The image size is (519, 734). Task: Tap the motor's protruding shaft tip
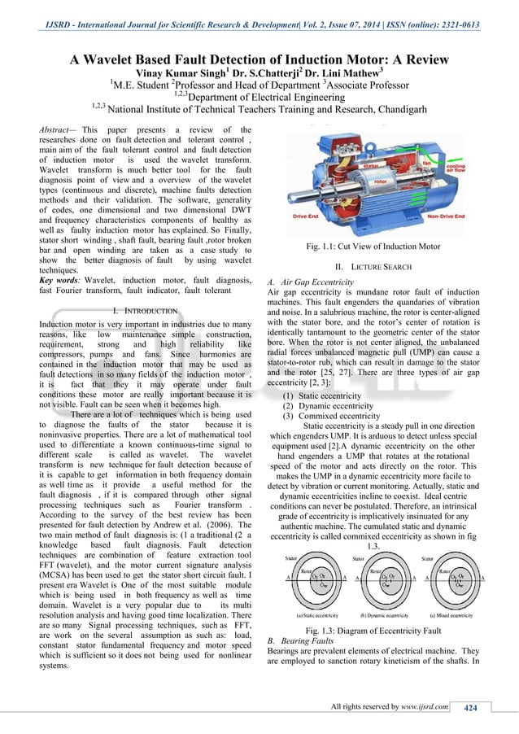(290, 213)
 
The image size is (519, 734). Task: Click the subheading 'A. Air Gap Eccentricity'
(310, 282)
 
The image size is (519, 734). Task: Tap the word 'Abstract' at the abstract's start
(58, 129)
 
